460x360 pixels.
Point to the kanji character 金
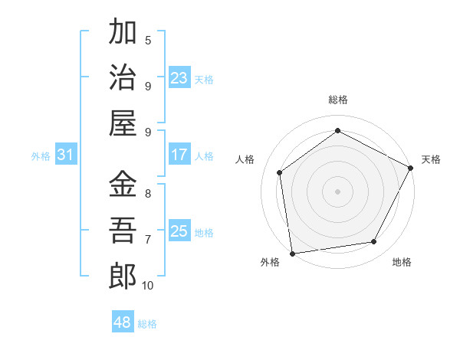(123, 185)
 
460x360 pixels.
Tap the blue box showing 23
(179, 77)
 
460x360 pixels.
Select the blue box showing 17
(179, 155)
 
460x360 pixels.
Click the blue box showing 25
(179, 231)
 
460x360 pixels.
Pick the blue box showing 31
(66, 155)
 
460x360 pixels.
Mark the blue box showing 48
(123, 322)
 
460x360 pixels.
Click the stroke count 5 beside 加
(148, 40)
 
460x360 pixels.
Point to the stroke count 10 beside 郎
(148, 286)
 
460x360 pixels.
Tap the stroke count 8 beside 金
(148, 193)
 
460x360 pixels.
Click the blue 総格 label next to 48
(148, 324)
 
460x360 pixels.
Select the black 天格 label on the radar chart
(431, 159)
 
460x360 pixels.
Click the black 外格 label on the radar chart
(270, 262)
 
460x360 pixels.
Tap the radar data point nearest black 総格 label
(337, 131)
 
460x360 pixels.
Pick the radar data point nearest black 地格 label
(374, 242)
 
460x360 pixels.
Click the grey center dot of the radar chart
(337, 191)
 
